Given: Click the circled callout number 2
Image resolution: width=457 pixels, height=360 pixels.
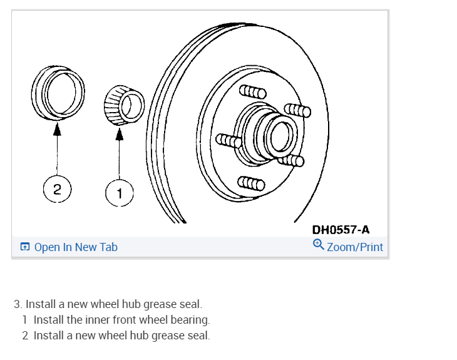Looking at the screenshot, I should pyautogui.click(x=57, y=190).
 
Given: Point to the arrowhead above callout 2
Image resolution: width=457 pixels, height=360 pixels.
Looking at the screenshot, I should pyautogui.click(x=58, y=129).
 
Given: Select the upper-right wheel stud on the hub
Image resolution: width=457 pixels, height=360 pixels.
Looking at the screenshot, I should pyautogui.click(x=297, y=111).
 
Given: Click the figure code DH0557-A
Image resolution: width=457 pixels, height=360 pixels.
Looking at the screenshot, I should pyautogui.click(x=341, y=230).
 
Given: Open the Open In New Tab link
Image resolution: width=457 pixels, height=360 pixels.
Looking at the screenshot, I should pyautogui.click(x=76, y=247).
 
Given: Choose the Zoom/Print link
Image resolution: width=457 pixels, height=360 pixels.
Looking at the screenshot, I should pyautogui.click(x=354, y=247).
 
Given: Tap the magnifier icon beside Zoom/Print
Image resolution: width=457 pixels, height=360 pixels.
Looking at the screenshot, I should pyautogui.click(x=318, y=245).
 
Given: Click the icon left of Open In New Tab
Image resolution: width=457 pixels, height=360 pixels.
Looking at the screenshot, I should pyautogui.click(x=24, y=247).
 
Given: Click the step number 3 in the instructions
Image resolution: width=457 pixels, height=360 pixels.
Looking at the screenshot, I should pyautogui.click(x=18, y=305).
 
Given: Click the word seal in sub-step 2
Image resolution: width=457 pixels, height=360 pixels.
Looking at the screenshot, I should pyautogui.click(x=198, y=336).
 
